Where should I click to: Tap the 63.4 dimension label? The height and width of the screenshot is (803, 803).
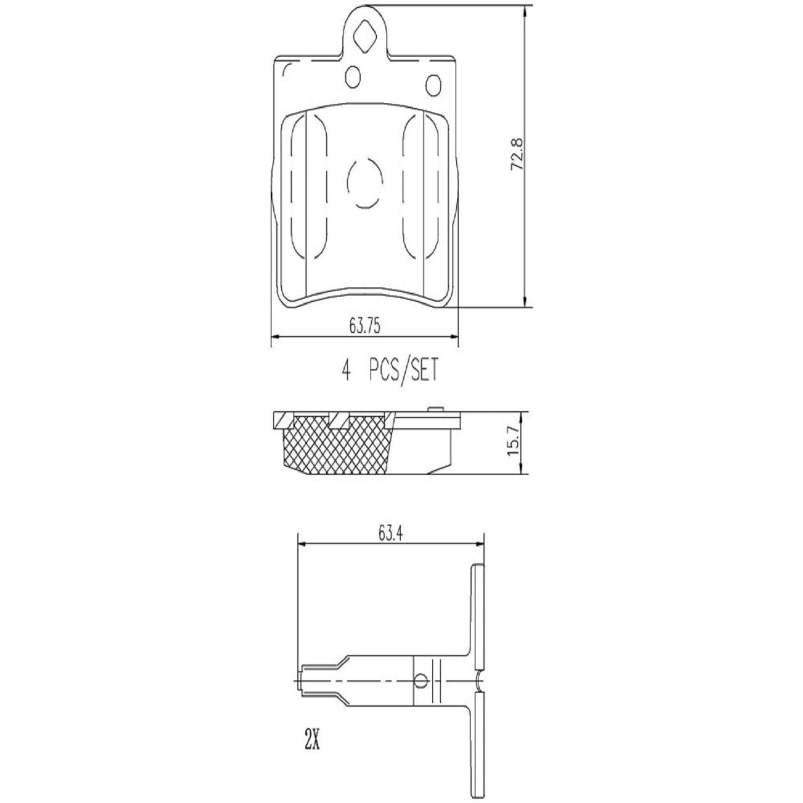pyautogui.click(x=391, y=534)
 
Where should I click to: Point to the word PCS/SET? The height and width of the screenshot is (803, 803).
pyautogui.click(x=403, y=371)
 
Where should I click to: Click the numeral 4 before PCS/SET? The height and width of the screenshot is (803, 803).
pyautogui.click(x=346, y=371)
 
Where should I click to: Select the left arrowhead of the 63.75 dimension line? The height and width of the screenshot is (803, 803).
pyautogui.click(x=273, y=337)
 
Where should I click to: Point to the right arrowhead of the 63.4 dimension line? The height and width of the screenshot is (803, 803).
pyautogui.click(x=481, y=544)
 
